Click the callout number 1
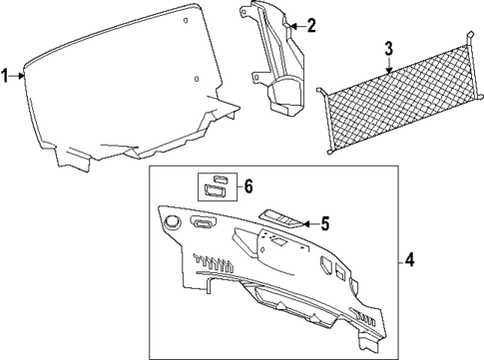(7, 74)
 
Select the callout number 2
(310, 25)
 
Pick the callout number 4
(409, 261)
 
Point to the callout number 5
(324, 224)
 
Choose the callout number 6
(248, 185)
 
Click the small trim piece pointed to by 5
(278, 218)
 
